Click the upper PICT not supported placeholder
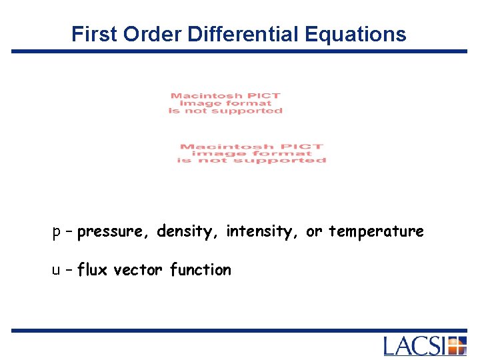tap(225, 103)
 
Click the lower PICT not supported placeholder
tap(251, 153)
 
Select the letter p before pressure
tap(57, 232)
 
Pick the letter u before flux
tap(57, 270)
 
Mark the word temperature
tap(376, 231)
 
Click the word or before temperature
tap(313, 232)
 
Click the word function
tap(201, 270)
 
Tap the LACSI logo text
tap(415, 346)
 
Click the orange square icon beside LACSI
tap(457, 346)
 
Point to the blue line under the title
tap(240, 51)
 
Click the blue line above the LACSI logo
tap(240, 330)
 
